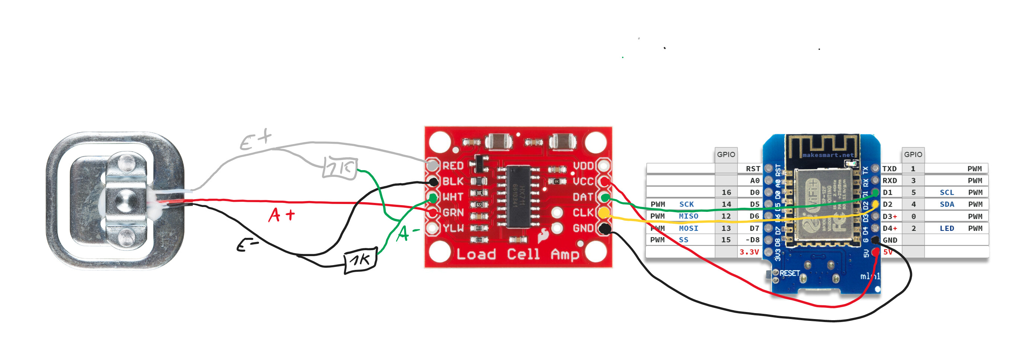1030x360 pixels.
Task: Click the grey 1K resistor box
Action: coord(339,168)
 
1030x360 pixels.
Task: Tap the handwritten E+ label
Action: coord(255,140)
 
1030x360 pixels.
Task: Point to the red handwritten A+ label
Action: coord(281,215)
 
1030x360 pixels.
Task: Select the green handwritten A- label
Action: coord(407,233)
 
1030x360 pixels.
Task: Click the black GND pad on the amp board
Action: coord(605,229)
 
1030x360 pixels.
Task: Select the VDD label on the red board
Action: coord(583,166)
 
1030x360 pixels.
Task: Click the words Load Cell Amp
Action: coord(518,254)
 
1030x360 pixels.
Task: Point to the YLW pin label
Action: coord(453,228)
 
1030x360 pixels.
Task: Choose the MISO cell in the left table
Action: coord(688,216)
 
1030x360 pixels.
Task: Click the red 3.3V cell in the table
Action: coord(749,252)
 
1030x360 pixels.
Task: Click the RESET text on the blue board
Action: coord(789,273)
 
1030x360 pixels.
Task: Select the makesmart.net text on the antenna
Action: coord(827,155)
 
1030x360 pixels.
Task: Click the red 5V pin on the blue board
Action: coord(875,252)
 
